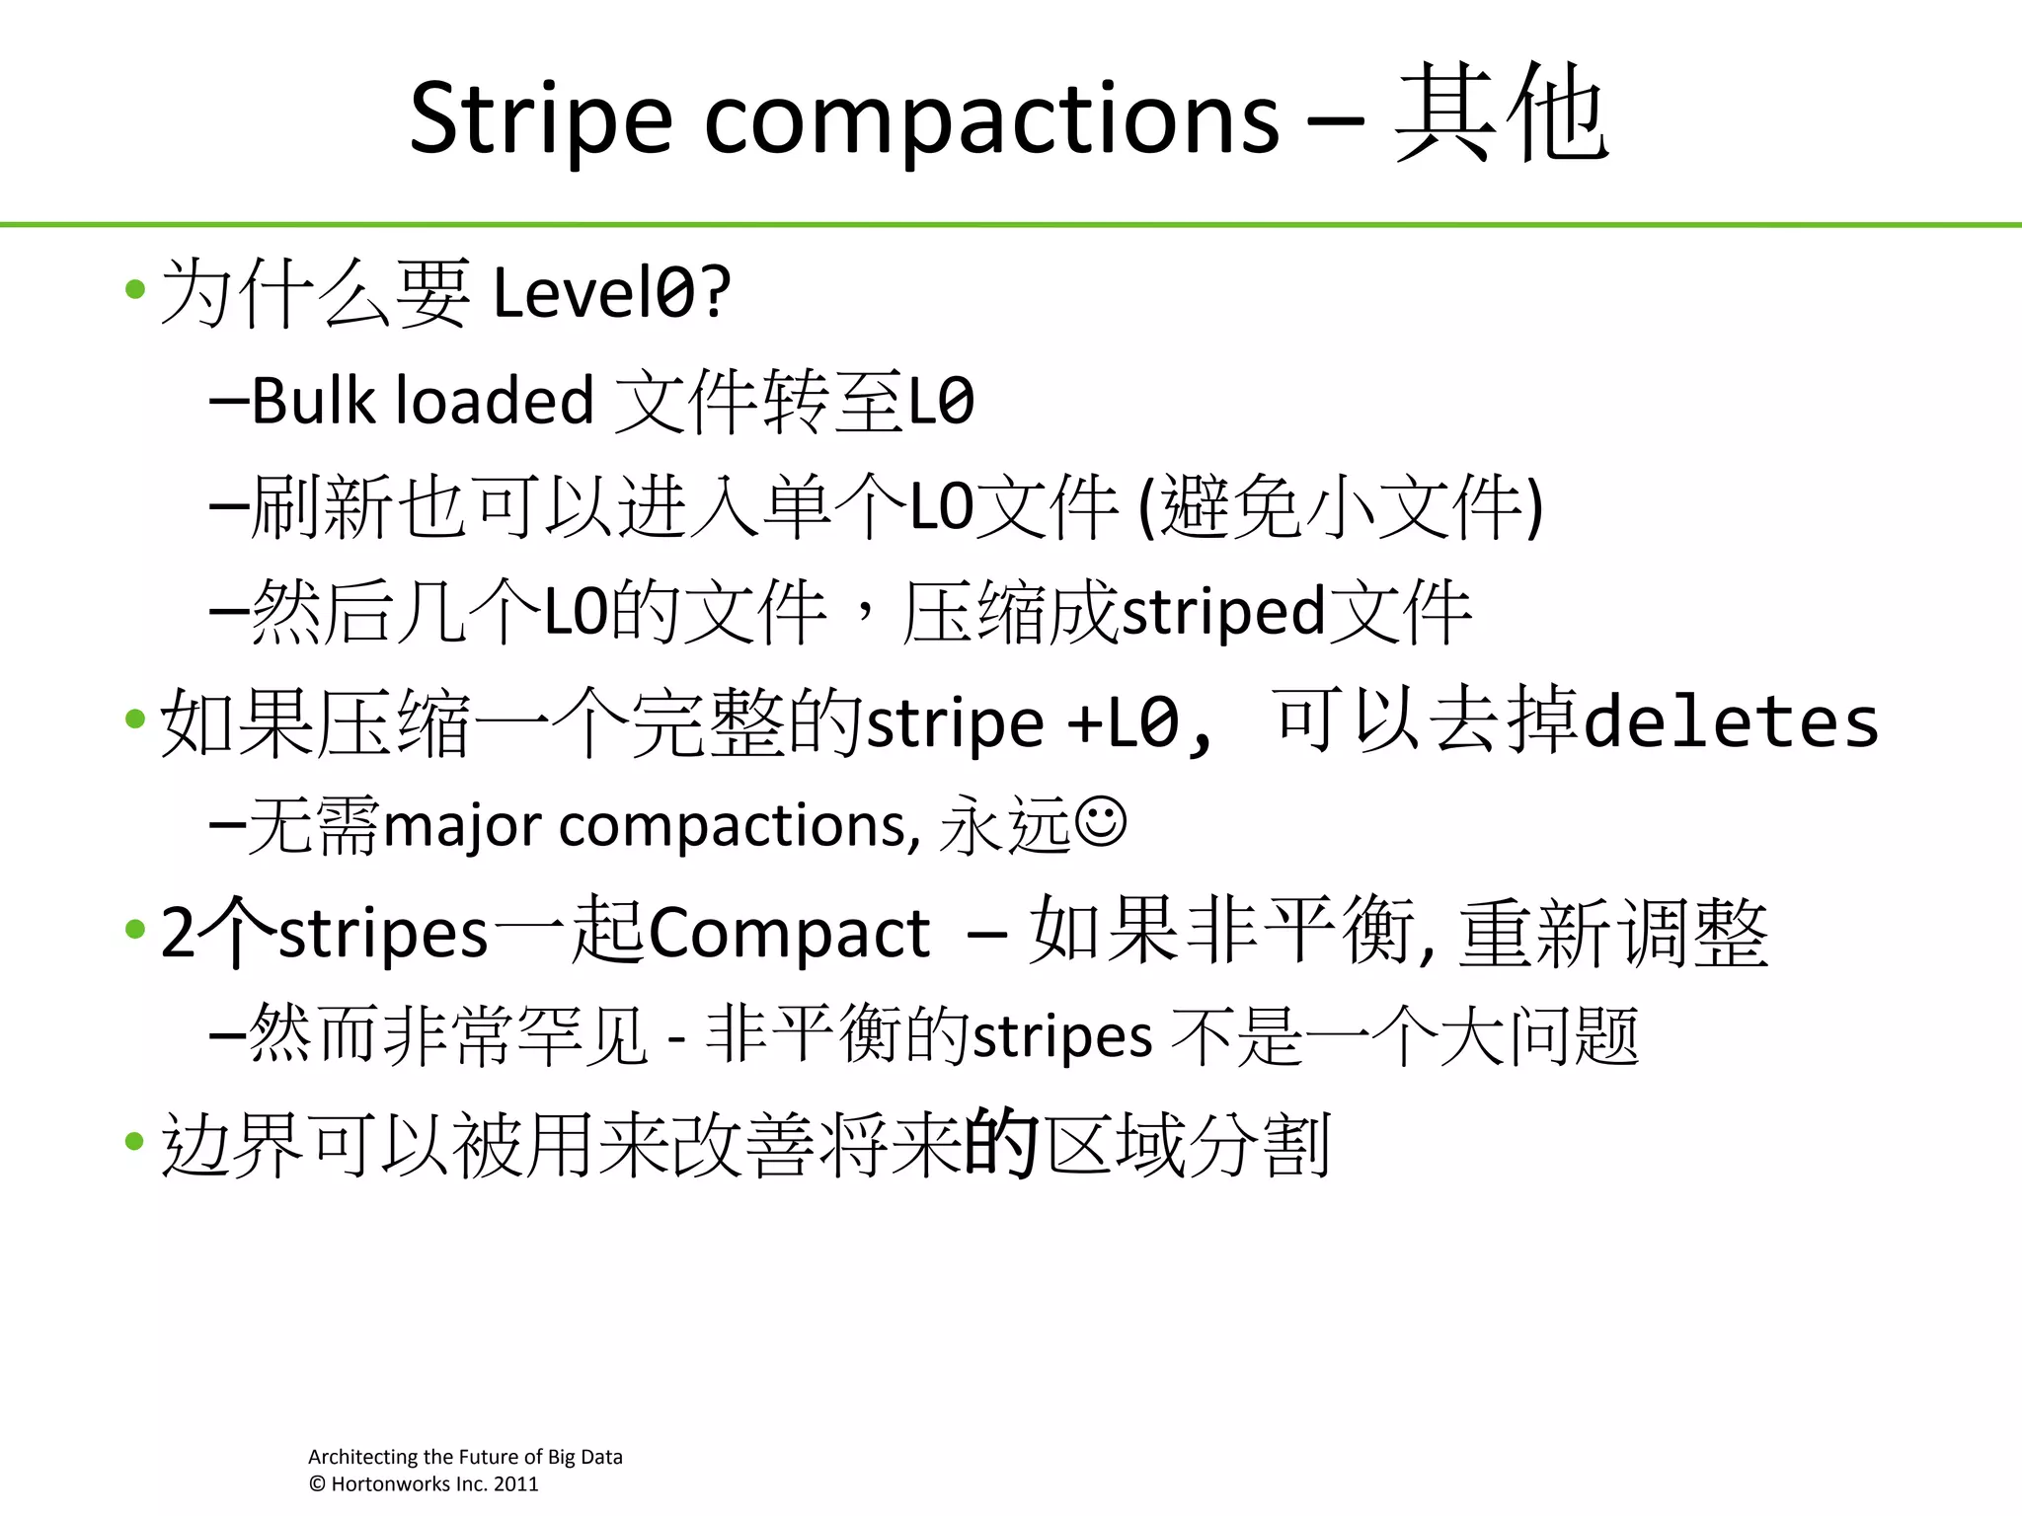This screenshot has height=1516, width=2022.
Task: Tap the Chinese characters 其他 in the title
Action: tap(1501, 114)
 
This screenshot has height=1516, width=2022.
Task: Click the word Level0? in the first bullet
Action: tap(611, 293)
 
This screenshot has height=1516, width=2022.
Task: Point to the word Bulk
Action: tap(313, 401)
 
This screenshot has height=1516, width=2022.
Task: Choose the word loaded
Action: tap(494, 401)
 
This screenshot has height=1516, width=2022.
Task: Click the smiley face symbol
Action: tap(1100, 821)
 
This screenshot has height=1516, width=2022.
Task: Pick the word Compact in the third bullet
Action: tap(789, 933)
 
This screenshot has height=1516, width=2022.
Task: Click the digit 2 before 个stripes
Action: tap(178, 933)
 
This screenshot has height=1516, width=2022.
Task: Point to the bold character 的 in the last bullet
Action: tap(1001, 1143)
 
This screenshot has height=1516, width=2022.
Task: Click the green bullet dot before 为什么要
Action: tap(135, 290)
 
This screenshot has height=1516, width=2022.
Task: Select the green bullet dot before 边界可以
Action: tap(135, 1142)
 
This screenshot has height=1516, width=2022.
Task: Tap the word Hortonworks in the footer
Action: tap(392, 1484)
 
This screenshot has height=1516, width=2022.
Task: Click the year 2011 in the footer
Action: tap(515, 1484)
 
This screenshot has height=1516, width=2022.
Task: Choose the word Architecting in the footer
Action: tap(362, 1457)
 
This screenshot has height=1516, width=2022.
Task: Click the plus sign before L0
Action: tap(1085, 723)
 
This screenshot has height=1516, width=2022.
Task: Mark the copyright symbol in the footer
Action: tap(317, 1484)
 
